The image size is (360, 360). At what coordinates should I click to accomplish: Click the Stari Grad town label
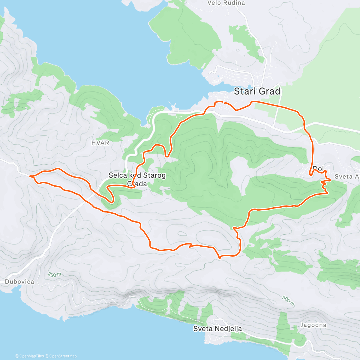click(257, 91)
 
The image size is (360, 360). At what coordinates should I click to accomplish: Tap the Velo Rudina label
click(226, 3)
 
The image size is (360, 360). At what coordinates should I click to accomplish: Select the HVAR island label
click(100, 143)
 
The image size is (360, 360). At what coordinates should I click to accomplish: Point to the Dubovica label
click(19, 282)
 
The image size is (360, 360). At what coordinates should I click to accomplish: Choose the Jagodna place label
click(313, 325)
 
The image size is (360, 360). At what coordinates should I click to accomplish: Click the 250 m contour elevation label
click(54, 274)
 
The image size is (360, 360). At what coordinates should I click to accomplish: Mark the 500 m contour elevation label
click(288, 299)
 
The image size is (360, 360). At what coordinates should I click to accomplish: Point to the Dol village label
click(318, 169)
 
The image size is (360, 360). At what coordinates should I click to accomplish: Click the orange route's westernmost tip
click(30, 176)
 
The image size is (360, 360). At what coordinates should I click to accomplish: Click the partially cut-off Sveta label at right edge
click(347, 176)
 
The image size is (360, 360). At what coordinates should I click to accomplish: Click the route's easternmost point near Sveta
click(330, 180)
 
